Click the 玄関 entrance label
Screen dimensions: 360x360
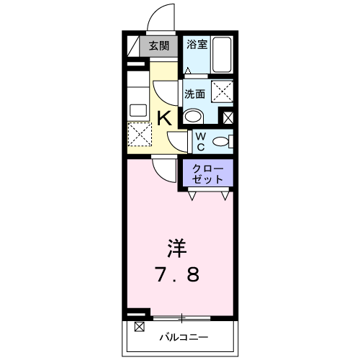159,45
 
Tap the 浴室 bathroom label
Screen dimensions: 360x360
197,44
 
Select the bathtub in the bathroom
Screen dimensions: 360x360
222,55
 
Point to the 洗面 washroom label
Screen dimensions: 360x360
194,94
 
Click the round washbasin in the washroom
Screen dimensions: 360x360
193,117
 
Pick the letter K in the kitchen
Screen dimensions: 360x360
164,118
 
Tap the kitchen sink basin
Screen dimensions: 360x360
138,110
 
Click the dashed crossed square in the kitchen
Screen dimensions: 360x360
140,134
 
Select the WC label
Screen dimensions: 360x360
201,142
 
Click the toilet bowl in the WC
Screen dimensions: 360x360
221,141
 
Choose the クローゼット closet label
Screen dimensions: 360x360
207,174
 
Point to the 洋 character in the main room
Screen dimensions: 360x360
177,248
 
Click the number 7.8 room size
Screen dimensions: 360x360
177,274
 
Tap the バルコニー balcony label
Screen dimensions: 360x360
184,338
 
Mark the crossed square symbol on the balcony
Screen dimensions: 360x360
140,327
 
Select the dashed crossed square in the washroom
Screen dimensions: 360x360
222,91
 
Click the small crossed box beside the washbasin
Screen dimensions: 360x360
228,118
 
